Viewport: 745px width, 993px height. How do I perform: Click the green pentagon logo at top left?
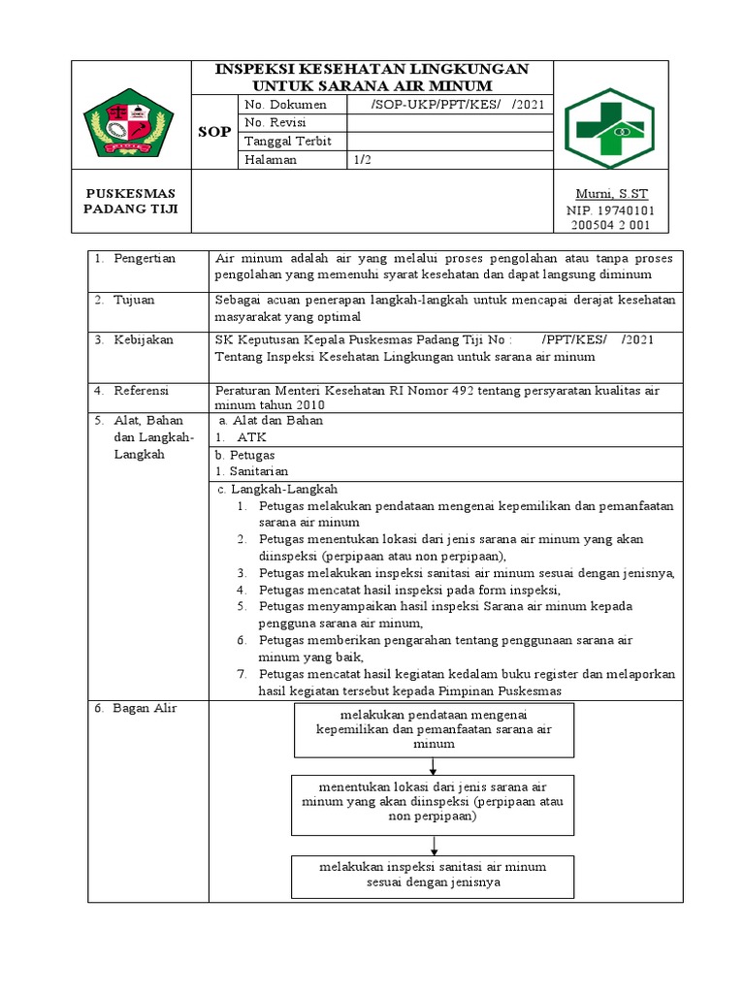(132, 122)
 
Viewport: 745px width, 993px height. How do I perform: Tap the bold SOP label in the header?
(214, 132)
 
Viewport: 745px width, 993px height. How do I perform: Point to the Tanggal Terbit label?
(288, 142)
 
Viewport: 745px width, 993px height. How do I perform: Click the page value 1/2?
(364, 160)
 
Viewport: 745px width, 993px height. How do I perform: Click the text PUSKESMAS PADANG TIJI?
(131, 202)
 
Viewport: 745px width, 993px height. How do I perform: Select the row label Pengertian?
(145, 259)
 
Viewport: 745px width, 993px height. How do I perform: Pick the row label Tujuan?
(135, 301)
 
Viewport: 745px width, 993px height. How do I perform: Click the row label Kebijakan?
(143, 339)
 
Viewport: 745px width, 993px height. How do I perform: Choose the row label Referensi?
(142, 390)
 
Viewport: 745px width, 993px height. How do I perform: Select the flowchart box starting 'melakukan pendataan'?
(433, 730)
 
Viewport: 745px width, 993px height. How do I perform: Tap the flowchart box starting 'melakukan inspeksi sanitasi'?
(433, 875)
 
